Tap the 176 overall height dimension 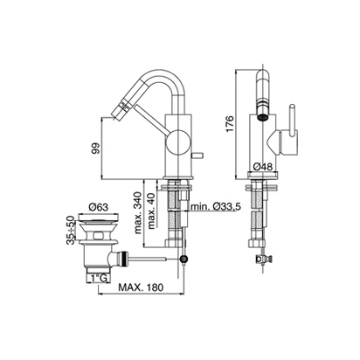click(230, 123)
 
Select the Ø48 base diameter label click(263, 167)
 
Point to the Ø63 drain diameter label click(99, 207)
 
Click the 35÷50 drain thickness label click(71, 230)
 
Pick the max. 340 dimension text click(138, 213)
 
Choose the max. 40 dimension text click(151, 211)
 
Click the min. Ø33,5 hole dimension click(216, 207)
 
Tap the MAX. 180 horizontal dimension click(141, 287)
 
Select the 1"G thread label click(99, 279)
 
